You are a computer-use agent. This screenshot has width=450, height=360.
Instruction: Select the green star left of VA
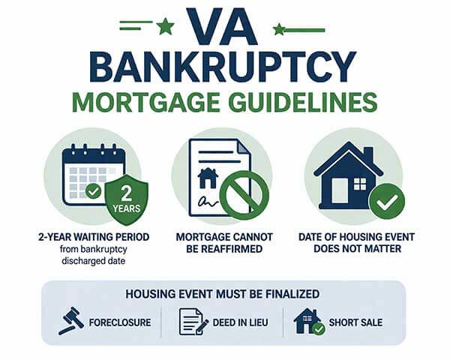click(165, 27)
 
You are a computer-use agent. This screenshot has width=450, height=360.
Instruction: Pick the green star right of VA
click(279, 29)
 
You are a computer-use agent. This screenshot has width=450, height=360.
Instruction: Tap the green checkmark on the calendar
click(94, 191)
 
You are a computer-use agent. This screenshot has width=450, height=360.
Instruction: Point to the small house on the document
click(207, 178)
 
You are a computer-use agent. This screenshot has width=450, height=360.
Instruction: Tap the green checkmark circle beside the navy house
click(387, 202)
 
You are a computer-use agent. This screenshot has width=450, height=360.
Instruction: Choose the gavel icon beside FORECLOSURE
click(70, 320)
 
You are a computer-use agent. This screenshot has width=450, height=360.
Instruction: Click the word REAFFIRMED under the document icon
click(224, 249)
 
